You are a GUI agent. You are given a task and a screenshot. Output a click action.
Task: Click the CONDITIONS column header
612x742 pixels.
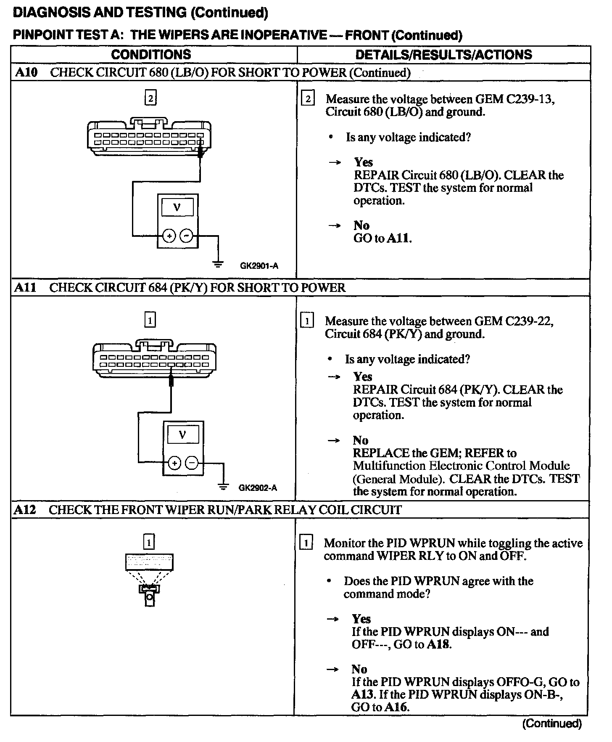[151, 54]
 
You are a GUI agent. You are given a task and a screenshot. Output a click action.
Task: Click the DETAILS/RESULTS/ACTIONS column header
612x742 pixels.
[443, 54]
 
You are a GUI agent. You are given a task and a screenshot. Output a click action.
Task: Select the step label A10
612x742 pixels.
[26, 72]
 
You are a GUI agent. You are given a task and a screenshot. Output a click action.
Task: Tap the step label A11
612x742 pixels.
[25, 288]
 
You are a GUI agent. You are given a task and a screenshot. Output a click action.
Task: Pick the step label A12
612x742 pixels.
[25, 510]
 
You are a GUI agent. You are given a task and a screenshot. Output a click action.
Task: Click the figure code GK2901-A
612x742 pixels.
[259, 266]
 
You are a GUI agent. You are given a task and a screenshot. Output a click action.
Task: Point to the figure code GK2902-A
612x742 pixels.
[258, 488]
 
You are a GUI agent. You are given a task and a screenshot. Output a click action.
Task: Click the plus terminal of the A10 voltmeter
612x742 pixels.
[169, 236]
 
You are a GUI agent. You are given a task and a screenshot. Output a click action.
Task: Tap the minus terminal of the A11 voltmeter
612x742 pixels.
[192, 463]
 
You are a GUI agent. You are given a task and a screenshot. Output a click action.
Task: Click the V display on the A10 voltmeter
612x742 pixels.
[177, 207]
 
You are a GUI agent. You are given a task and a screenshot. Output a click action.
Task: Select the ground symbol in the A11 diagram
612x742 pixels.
[224, 486]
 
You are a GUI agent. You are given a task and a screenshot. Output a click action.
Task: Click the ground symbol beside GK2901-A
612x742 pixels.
[218, 264]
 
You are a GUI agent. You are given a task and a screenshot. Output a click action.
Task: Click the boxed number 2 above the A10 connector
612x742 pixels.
[150, 98]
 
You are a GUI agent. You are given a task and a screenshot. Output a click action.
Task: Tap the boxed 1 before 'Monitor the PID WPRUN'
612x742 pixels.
[306, 543]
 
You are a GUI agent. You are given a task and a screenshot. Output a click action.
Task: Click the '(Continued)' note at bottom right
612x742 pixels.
[551, 723]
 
